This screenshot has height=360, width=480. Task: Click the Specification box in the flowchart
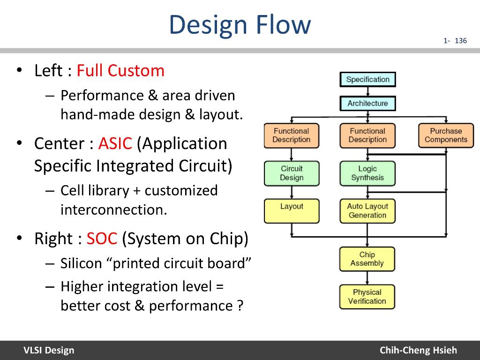pos(367,79)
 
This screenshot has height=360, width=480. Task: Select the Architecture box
pos(367,103)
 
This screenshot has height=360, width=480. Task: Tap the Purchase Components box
pos(446,135)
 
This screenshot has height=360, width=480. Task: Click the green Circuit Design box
pos(292,173)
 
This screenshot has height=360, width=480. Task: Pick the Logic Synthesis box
pos(367,173)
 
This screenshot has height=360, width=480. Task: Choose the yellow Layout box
pos(292,210)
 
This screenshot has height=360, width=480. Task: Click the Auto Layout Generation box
pos(367,210)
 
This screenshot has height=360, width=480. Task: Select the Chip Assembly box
pos(367,259)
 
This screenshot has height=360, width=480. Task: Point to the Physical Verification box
pos(367,297)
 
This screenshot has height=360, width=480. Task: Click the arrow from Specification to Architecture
pos(367,91)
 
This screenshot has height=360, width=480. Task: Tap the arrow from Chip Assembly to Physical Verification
pos(367,278)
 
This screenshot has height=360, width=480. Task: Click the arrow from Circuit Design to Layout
pos(292,192)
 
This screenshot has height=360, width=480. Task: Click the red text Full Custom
pos(120,71)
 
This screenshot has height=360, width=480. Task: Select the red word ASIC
pos(115,143)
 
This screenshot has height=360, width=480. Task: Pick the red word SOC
pos(102,239)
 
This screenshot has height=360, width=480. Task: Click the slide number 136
pos(461,41)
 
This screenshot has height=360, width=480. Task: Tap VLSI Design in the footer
pos(49,350)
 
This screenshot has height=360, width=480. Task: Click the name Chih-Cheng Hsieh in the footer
pos(418,350)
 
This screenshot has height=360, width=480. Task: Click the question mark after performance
pos(240,306)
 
